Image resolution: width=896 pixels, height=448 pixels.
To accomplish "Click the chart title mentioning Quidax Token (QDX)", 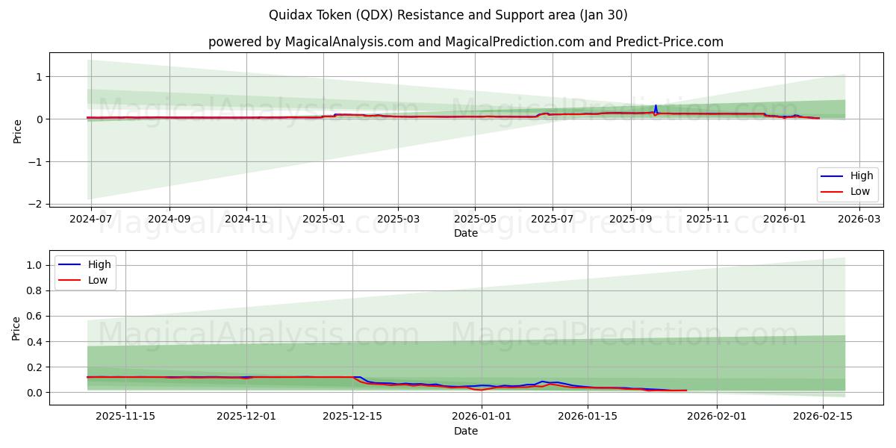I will (x=448, y=15).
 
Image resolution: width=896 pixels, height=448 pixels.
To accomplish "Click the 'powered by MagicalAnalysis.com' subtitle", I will (x=465, y=42).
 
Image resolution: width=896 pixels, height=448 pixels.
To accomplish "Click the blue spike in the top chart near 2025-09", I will (x=656, y=108).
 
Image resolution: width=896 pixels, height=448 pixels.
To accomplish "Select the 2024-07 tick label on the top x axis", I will (x=91, y=220).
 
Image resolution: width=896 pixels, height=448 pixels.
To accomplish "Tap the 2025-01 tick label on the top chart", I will (x=323, y=220).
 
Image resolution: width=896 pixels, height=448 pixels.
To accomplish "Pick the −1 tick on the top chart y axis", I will (x=36, y=162).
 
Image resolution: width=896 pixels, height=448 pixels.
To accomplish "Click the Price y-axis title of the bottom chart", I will (x=16, y=328).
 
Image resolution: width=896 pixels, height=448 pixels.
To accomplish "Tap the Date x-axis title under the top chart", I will (x=465, y=233).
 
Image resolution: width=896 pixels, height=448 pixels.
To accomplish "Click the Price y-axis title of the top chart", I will (x=16, y=131).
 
